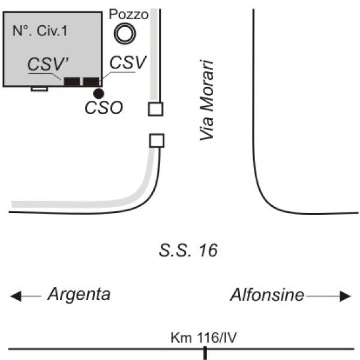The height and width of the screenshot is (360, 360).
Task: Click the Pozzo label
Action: click(x=128, y=14)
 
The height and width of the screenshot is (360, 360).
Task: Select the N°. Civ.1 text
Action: click(x=40, y=31)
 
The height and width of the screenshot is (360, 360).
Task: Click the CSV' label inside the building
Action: click(x=48, y=64)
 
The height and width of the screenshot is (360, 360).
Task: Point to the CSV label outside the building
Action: click(x=128, y=62)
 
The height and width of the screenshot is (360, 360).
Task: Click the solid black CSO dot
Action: click(x=99, y=94)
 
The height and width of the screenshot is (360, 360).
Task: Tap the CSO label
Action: click(x=104, y=107)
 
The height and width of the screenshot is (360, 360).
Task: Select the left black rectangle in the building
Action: click(x=72, y=82)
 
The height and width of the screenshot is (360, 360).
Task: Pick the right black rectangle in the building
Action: click(x=91, y=82)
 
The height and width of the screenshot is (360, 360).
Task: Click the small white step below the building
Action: click(x=40, y=89)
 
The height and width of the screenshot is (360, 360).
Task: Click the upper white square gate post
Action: click(x=155, y=109)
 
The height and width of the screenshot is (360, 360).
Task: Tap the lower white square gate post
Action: click(x=157, y=140)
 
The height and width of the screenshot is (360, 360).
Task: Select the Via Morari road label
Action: click(x=206, y=100)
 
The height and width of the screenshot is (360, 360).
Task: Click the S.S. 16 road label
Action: click(x=188, y=250)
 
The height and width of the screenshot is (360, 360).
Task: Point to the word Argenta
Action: click(x=79, y=295)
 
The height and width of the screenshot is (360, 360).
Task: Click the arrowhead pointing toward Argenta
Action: click(x=16, y=296)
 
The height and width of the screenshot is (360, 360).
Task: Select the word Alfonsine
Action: click(x=267, y=295)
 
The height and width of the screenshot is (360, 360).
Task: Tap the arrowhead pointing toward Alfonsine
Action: click(x=346, y=296)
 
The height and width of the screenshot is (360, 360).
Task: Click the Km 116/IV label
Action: click(x=203, y=337)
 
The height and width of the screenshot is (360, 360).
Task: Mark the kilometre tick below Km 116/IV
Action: click(x=205, y=353)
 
